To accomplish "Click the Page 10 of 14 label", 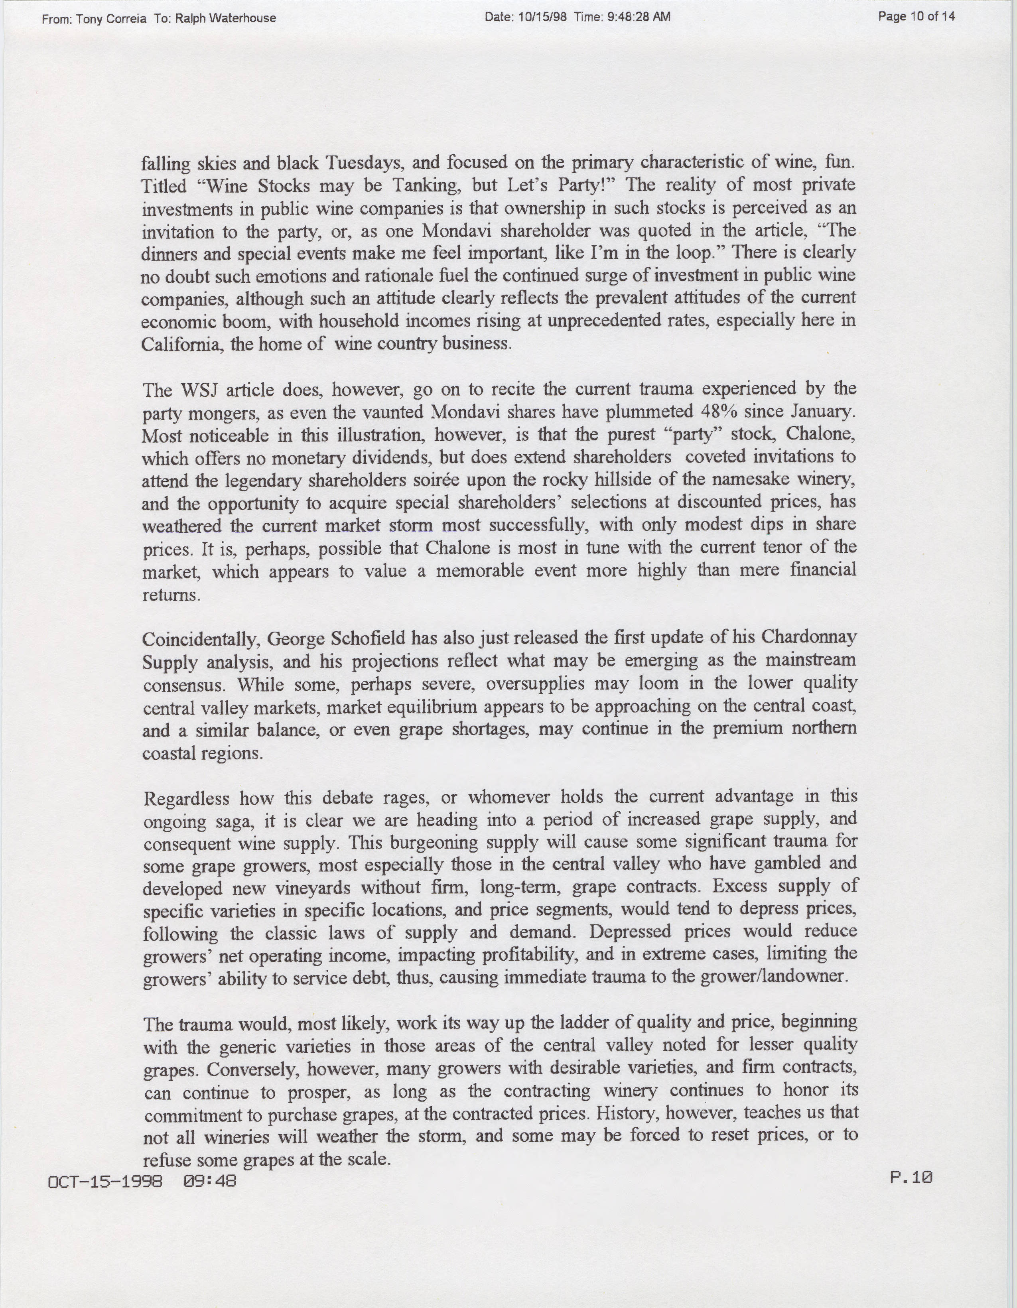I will point(916,17).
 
